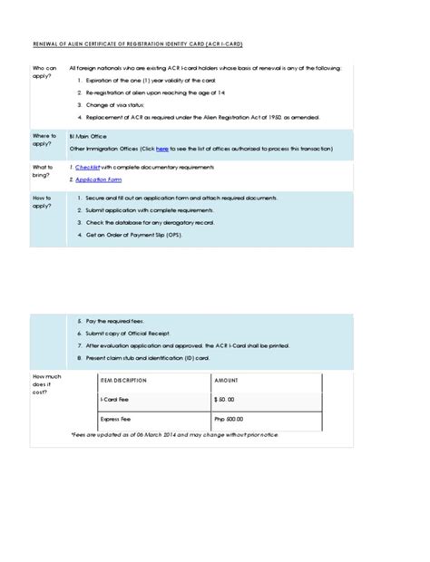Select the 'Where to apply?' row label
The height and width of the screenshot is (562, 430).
click(44, 140)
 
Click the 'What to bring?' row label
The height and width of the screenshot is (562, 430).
click(43, 171)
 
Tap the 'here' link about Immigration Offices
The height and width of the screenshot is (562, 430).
click(162, 147)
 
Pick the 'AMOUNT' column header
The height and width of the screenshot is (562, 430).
click(227, 381)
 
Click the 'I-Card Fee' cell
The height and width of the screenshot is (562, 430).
click(113, 400)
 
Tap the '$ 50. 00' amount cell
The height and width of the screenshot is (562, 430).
click(224, 400)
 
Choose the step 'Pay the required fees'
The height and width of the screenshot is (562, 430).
click(112, 321)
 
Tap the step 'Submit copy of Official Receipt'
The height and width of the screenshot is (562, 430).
click(126, 333)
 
